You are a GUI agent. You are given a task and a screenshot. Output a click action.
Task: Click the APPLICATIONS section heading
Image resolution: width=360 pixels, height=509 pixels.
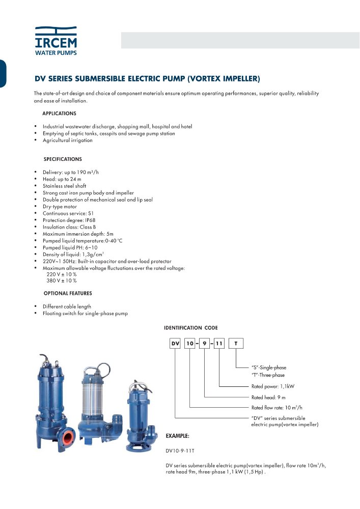click(x=59, y=114)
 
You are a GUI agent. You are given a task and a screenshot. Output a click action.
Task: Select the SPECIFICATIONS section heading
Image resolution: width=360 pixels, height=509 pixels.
click(x=63, y=159)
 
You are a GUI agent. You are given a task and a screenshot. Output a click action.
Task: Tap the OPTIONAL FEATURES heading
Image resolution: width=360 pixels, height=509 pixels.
click(x=68, y=294)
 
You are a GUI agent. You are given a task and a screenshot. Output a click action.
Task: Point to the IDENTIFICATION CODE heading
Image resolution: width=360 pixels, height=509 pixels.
click(x=190, y=328)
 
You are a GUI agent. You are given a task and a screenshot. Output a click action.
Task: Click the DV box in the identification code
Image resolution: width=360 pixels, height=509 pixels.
click(x=175, y=344)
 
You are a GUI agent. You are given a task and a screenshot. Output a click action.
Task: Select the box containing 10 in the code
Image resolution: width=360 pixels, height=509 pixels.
click(x=190, y=344)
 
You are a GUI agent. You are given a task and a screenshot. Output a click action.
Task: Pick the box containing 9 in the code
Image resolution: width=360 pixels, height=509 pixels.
click(x=205, y=344)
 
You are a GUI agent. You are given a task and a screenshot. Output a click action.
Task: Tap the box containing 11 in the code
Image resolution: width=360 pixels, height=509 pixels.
click(x=219, y=344)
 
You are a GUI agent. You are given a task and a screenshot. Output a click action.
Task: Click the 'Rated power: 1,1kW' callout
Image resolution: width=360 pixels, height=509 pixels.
click(x=273, y=386)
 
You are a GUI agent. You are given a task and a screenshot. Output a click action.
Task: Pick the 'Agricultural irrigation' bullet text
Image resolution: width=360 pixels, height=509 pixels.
click(x=68, y=140)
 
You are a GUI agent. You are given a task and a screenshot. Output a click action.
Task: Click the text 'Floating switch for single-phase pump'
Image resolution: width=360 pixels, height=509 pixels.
click(x=85, y=314)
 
